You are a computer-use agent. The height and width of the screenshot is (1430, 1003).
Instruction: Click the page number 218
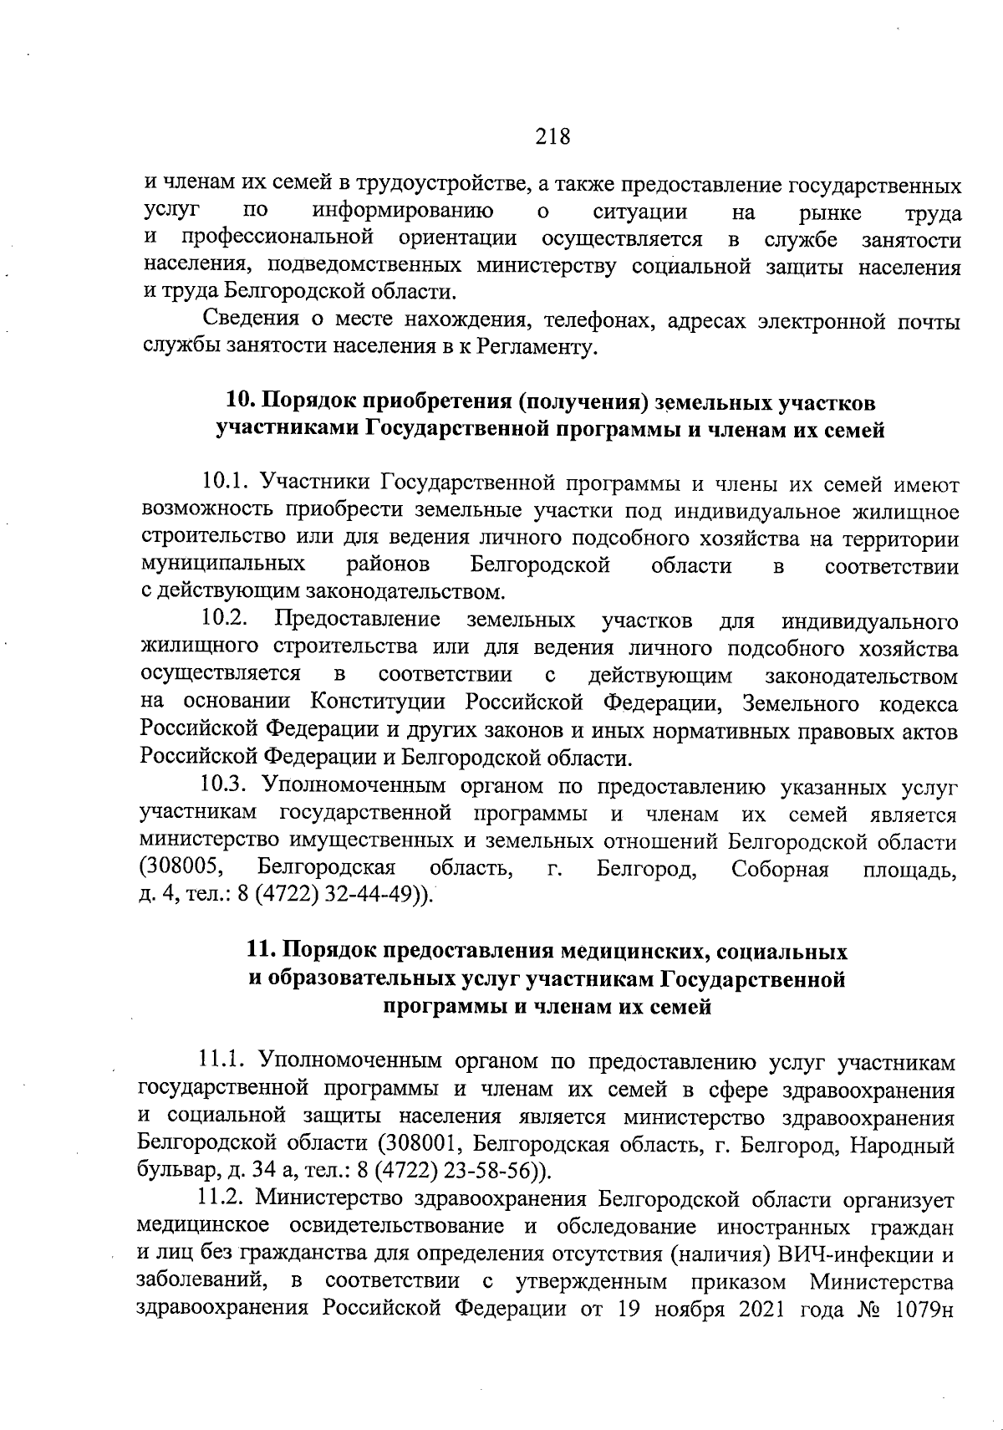tap(552, 135)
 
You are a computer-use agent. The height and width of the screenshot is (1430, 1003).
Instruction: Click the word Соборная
tap(779, 869)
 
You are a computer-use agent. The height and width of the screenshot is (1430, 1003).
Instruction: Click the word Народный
tap(908, 1142)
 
